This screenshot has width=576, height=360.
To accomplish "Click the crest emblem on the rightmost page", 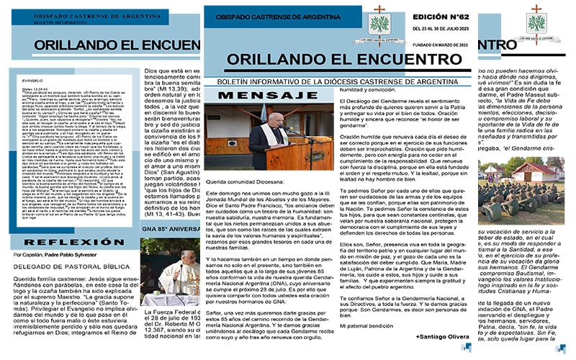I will (534, 17).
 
